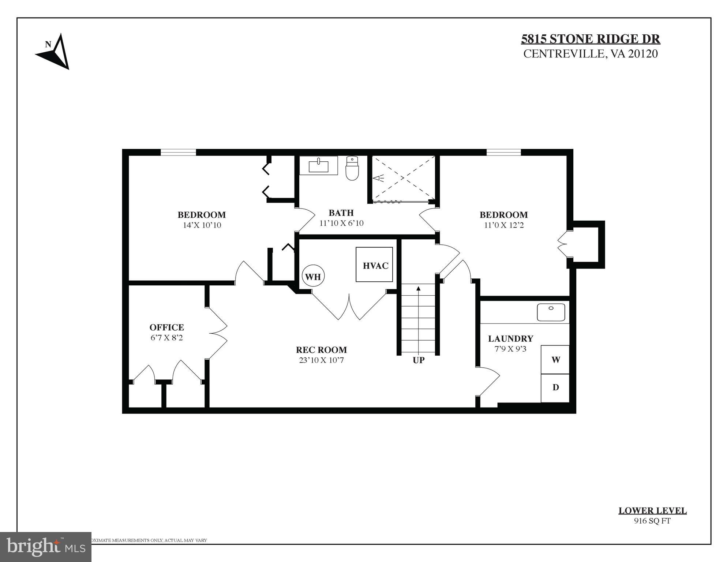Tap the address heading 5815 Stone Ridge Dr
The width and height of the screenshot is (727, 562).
click(591, 39)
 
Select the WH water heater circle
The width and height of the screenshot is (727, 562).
click(313, 277)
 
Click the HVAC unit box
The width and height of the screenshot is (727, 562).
click(374, 265)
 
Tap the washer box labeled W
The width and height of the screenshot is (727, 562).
click(555, 360)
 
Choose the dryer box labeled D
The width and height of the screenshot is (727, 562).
click(555, 387)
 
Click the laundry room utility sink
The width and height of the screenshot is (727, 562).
click(551, 312)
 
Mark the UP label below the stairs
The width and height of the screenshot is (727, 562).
click(419, 360)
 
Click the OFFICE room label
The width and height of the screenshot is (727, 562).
click(166, 327)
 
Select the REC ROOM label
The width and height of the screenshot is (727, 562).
click(321, 350)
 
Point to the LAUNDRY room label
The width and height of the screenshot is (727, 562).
click(510, 338)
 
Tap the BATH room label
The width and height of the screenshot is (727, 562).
click(341, 213)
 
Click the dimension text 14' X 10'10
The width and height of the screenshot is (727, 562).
click(202, 225)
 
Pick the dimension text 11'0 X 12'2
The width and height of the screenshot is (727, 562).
click(504, 225)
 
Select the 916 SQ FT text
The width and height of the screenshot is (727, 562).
click(652, 521)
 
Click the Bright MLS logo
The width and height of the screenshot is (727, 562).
click(46, 547)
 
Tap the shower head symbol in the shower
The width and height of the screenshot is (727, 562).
click(378, 178)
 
